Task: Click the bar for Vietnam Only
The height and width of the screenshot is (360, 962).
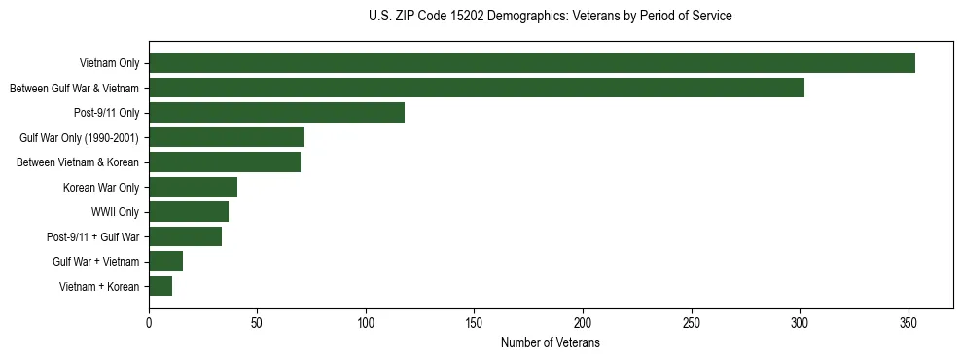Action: [531, 63]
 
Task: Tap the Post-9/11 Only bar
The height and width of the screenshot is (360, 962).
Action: [276, 113]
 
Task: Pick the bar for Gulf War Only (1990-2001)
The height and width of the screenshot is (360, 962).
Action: [227, 137]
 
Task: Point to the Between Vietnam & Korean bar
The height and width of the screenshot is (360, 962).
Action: [225, 162]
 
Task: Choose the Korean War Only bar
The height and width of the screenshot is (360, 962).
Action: [193, 187]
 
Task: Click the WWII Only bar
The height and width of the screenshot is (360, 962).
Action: [189, 212]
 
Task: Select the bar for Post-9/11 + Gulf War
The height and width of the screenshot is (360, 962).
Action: [185, 236]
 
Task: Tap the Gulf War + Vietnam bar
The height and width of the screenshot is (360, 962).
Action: [165, 262]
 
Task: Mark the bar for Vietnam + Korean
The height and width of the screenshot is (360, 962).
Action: [160, 286]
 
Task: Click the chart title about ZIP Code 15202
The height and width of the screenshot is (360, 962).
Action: [550, 17]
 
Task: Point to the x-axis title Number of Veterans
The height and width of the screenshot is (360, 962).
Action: [550, 343]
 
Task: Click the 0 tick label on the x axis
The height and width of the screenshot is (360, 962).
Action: [149, 323]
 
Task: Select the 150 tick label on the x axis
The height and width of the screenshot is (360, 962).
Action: [474, 323]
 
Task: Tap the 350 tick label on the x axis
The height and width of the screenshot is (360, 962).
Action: [908, 323]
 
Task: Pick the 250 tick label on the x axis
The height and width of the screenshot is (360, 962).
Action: [691, 323]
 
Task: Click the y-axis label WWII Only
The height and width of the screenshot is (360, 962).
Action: [115, 212]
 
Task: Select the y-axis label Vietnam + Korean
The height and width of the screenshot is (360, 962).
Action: [99, 286]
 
